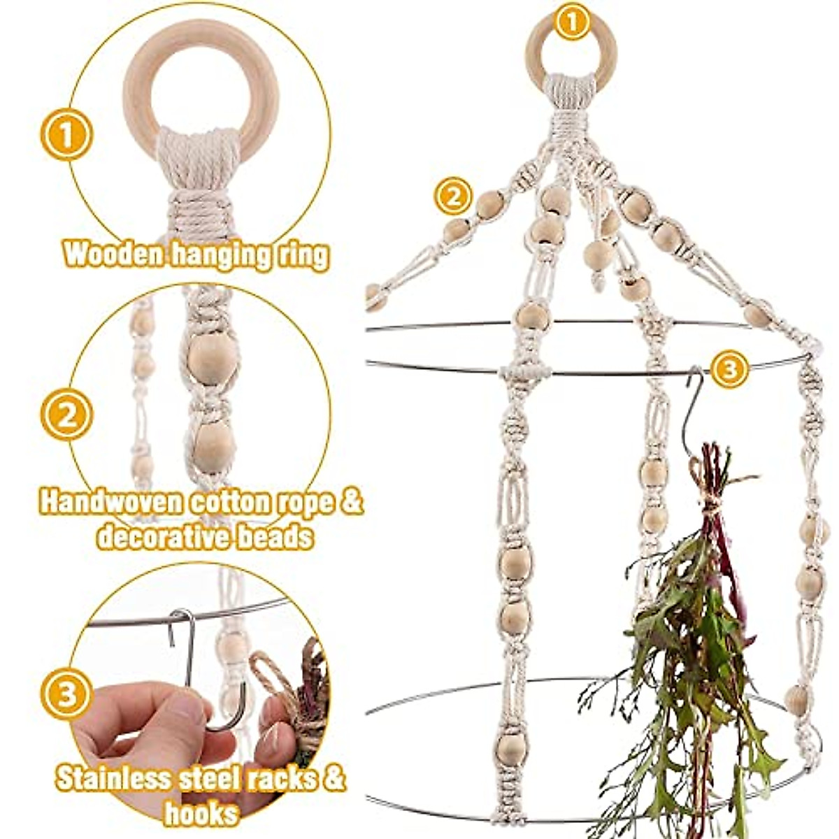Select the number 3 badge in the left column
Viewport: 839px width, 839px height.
pyautogui.click(x=66, y=694)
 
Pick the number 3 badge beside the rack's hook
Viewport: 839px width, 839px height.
pyautogui.click(x=729, y=369)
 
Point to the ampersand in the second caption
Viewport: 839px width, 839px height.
pyautogui.click(x=354, y=503)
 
